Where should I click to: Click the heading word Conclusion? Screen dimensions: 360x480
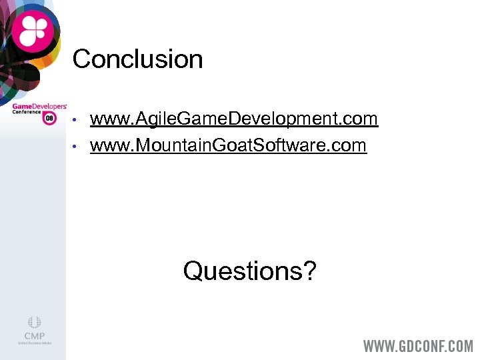137,59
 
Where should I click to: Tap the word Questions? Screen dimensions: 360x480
250,271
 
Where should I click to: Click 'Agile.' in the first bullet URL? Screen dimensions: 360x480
152,120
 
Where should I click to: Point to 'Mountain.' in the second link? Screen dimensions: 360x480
176,145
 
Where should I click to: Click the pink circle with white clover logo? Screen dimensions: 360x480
33,31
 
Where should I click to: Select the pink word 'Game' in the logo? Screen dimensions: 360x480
23,105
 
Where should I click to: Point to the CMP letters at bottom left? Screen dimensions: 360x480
34,336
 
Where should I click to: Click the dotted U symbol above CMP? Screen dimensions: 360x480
34,323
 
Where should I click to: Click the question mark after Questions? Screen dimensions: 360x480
309,271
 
